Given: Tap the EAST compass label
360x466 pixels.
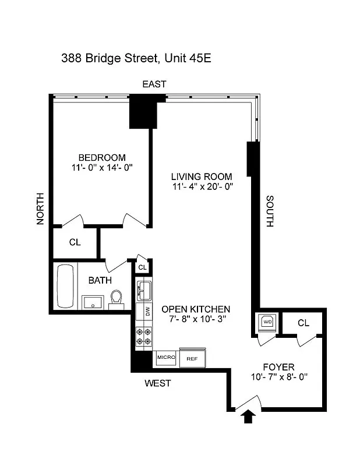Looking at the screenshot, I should pyautogui.click(x=154, y=84).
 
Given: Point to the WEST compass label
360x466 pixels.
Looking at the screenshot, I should pyautogui.click(x=157, y=383).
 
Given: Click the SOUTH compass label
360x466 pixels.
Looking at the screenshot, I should pyautogui.click(x=270, y=211).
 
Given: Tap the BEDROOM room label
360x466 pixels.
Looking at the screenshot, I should pyautogui.click(x=102, y=157).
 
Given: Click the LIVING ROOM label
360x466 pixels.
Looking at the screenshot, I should pyautogui.click(x=201, y=176).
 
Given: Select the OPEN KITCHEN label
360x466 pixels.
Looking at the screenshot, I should pyautogui.click(x=196, y=309).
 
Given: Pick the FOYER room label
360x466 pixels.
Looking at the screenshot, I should pyautogui.click(x=278, y=367).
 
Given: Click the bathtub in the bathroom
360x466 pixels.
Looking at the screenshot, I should pyautogui.click(x=65, y=287).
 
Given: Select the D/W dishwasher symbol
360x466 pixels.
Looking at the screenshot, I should pyautogui.click(x=144, y=312).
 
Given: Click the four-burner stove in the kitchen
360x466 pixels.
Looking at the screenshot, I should pyautogui.click(x=144, y=336).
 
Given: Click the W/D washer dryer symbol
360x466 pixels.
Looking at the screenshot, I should pyautogui.click(x=268, y=322).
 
